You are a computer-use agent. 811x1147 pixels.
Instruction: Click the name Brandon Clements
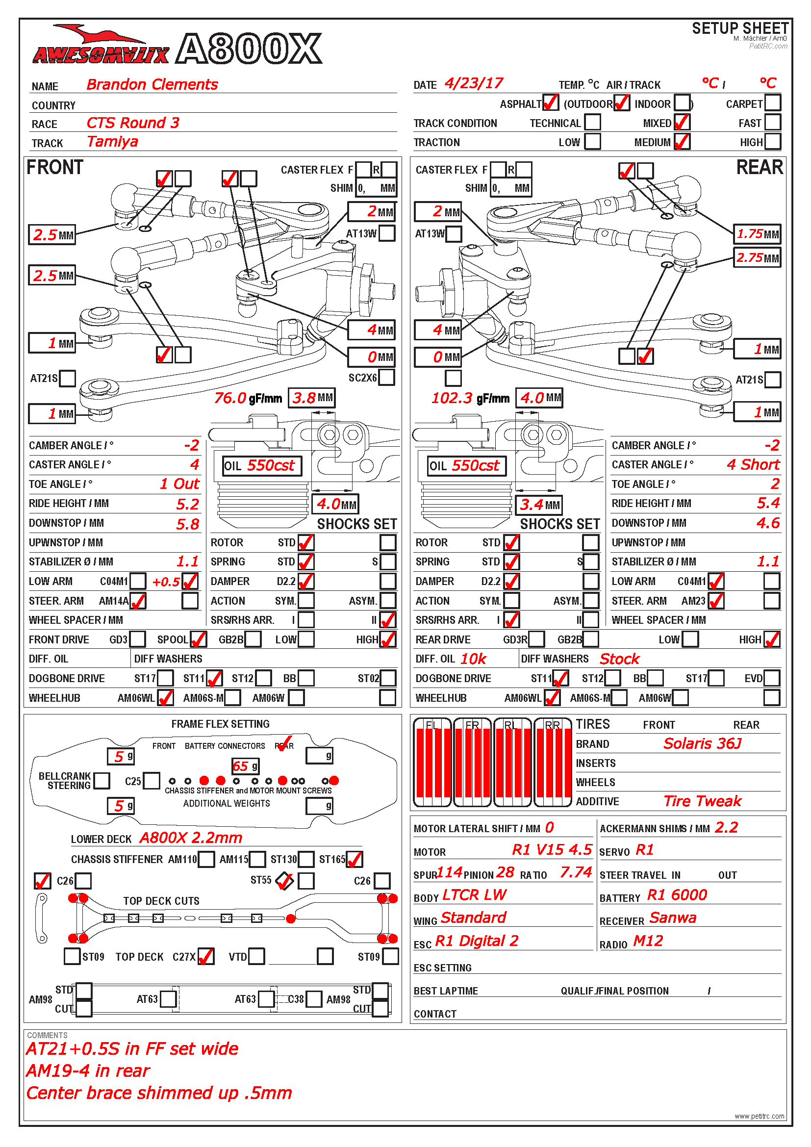(x=152, y=84)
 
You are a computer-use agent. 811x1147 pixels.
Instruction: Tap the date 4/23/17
(x=474, y=83)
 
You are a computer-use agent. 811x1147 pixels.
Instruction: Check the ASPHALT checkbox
(x=550, y=103)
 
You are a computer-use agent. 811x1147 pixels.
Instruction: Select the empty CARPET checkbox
(x=772, y=103)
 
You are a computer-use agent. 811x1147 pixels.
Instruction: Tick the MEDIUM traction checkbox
(x=682, y=142)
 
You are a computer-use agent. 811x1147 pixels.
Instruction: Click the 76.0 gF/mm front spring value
(x=230, y=398)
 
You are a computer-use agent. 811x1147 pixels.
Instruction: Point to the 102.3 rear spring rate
(x=452, y=398)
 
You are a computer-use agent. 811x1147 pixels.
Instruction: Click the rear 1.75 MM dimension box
(x=757, y=234)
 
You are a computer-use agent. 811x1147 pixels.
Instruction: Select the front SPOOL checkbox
(x=198, y=639)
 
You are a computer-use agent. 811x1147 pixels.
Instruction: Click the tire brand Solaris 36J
(x=702, y=744)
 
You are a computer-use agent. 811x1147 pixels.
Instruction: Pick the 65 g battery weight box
(x=245, y=766)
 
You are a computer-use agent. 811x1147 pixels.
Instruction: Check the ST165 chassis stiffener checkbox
(x=354, y=859)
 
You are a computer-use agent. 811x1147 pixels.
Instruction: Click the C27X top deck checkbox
(x=206, y=957)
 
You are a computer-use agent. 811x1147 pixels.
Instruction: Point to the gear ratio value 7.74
(x=575, y=873)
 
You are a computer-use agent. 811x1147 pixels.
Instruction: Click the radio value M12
(x=648, y=941)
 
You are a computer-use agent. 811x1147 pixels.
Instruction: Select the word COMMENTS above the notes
(x=47, y=1035)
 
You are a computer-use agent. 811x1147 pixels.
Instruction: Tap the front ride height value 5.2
(x=187, y=504)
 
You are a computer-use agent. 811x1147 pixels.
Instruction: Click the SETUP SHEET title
(x=740, y=28)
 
